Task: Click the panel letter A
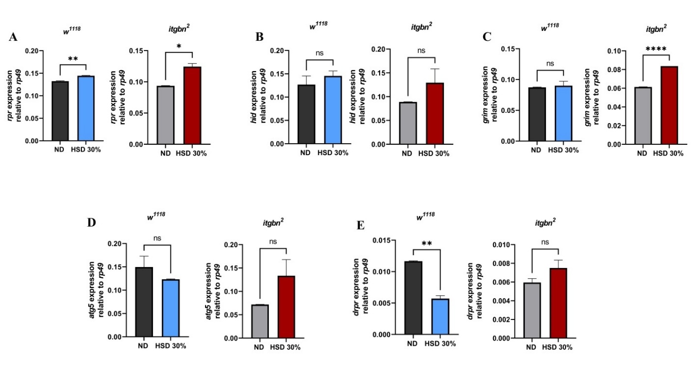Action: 13,37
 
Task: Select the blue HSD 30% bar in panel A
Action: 85,108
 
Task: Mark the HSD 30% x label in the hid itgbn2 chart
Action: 435,153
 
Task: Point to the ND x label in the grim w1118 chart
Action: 536,150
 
